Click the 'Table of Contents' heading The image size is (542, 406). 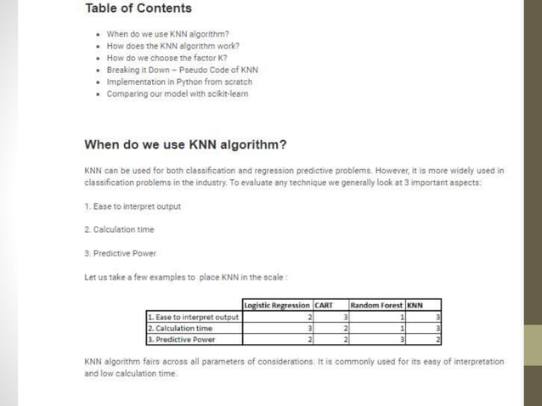(138, 9)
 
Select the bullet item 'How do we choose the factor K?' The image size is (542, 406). (161, 58)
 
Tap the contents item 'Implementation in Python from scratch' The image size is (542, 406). (179, 82)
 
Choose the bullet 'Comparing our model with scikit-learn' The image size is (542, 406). (177, 94)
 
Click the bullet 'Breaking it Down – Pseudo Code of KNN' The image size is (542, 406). (182, 70)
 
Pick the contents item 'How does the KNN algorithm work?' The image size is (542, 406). (172, 46)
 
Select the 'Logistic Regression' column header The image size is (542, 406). (276, 306)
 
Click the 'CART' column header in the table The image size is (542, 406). (323, 306)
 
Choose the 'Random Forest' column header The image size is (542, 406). (376, 306)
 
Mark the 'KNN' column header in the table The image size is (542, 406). (415, 306)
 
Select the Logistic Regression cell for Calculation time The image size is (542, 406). (276, 329)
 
